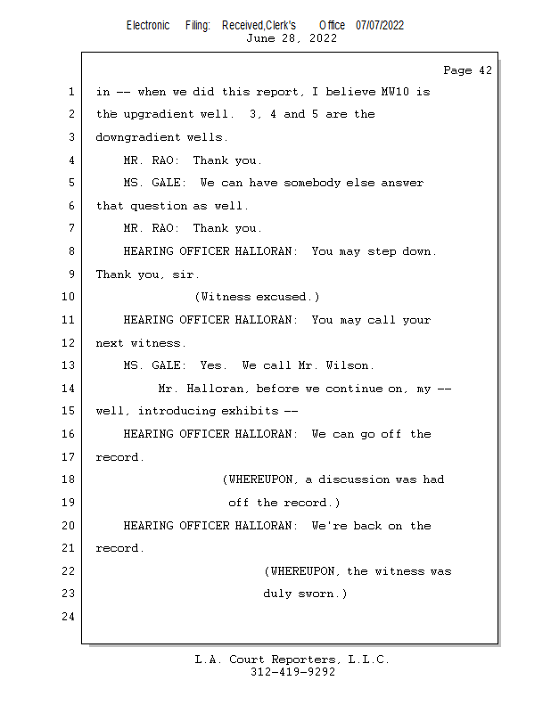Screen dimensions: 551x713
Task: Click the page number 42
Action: [485, 70]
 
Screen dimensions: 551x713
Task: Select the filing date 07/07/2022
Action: [380, 26]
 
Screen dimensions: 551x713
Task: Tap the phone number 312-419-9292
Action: [292, 672]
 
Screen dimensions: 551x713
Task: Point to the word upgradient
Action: [159, 114]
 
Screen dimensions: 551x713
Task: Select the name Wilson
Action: [349, 365]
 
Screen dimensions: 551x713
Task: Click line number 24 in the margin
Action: [68, 616]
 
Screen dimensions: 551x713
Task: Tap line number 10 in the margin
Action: [68, 297]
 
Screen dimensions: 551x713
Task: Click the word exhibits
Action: [250, 411]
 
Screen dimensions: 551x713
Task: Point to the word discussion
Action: [354, 479]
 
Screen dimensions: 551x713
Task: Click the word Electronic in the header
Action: [148, 26]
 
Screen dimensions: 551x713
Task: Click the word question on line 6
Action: [159, 206]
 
